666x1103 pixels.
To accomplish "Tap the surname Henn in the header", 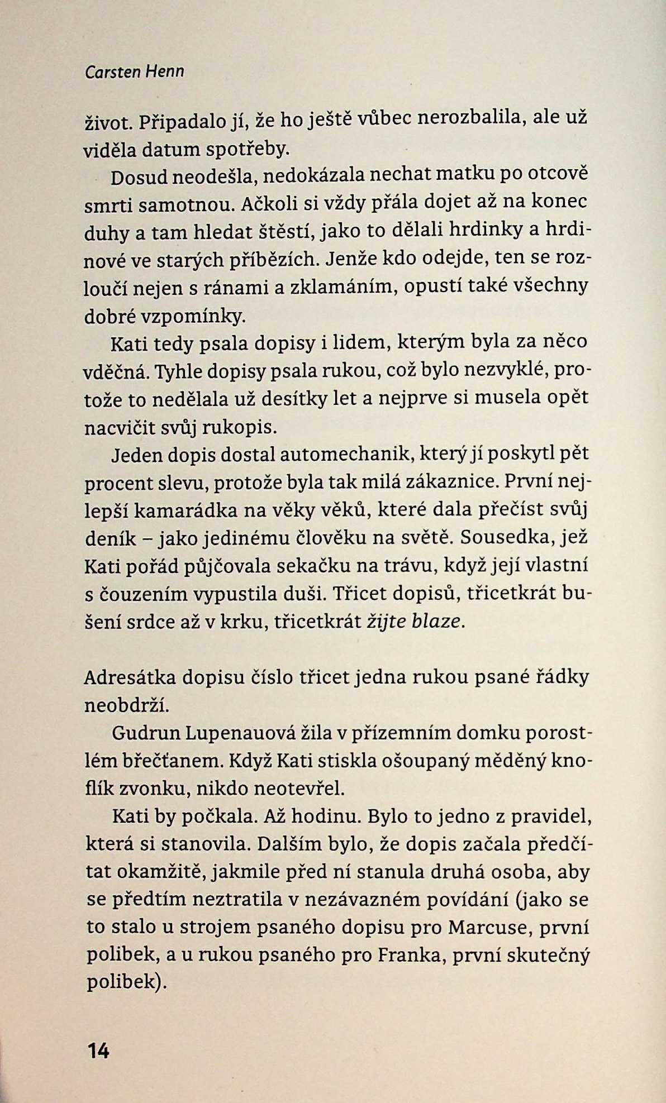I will click(x=164, y=71).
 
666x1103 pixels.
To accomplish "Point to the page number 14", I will click(x=98, y=1052).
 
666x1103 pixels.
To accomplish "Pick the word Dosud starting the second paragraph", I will click(x=140, y=178).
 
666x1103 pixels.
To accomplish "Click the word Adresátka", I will click(x=130, y=677).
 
